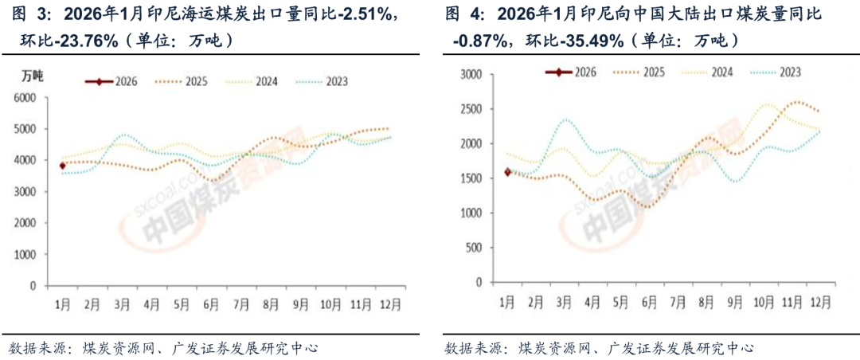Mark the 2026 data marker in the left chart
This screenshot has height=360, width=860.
[62, 166]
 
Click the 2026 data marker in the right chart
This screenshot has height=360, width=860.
[506, 171]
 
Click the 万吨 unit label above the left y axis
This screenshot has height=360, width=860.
[33, 76]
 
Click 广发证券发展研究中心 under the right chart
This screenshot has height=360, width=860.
[681, 348]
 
